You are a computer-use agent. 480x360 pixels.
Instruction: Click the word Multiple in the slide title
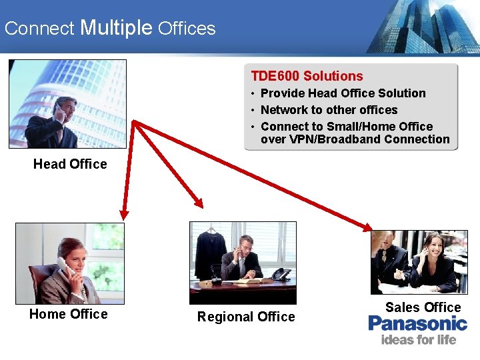116,27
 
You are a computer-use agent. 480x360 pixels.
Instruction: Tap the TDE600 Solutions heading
307,76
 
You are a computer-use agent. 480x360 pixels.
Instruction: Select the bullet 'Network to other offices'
329,110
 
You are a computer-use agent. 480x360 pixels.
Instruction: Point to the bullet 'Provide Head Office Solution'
343,93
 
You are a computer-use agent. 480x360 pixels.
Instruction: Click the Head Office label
70,164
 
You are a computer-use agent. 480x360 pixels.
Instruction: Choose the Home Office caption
68,314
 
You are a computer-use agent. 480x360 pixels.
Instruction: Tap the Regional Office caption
246,317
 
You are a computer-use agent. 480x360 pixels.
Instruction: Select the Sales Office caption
423,307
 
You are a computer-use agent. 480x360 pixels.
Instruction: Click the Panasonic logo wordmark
418,324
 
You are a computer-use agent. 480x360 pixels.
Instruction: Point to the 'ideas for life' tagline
418,340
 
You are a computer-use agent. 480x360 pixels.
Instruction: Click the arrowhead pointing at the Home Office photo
123,213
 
